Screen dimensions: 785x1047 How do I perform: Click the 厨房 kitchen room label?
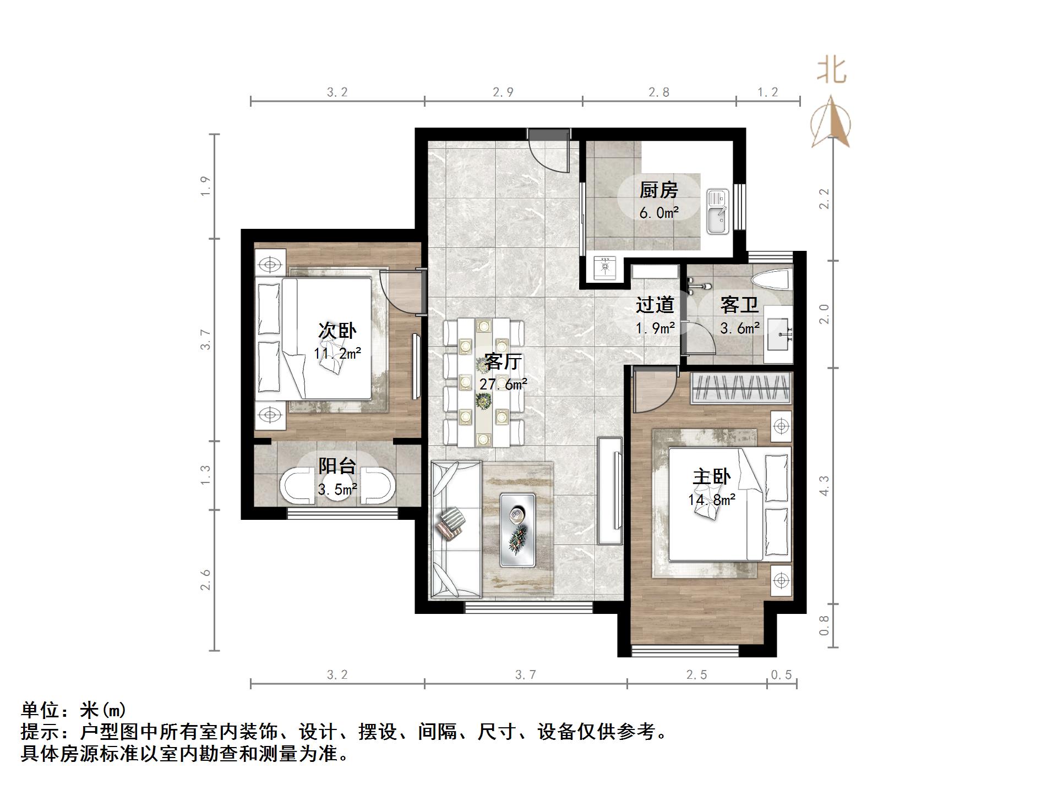coord(658,190)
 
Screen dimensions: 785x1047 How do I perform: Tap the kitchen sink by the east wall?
coord(718,212)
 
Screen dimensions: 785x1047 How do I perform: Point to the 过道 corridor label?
coord(655,305)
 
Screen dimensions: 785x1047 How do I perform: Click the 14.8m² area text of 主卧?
coord(711,500)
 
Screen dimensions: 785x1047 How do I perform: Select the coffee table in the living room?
coord(517,530)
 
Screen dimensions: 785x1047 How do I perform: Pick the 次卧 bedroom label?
coord(337,331)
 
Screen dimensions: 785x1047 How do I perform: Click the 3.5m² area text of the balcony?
coord(337,489)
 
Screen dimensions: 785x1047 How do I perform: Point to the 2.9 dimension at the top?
coord(503,92)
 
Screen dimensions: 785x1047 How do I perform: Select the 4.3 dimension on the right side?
coord(824,486)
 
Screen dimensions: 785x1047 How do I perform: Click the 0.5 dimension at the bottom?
coord(781,675)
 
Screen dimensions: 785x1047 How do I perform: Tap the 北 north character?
coord(831,72)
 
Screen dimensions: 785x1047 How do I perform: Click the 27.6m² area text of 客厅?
coord(502,384)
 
